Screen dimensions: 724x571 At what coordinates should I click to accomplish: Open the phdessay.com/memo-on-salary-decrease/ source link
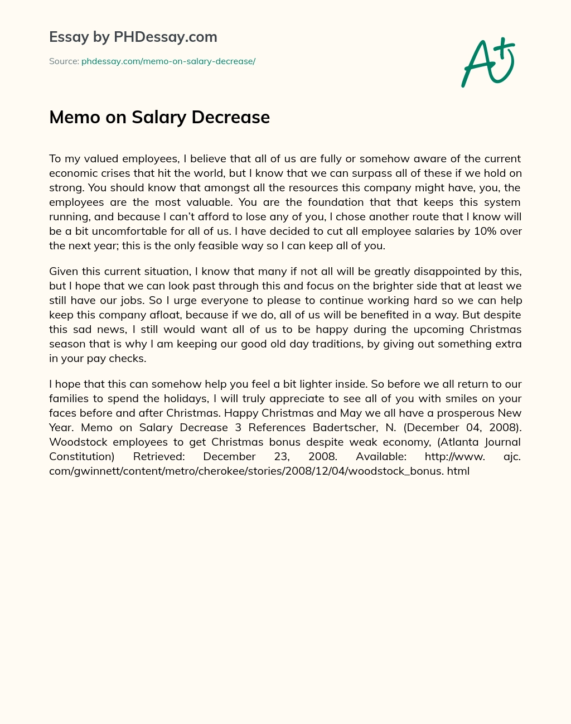[168, 61]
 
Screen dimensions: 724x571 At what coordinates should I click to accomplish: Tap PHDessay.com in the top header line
[165, 37]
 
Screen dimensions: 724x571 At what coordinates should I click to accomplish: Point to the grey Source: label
[64, 61]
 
